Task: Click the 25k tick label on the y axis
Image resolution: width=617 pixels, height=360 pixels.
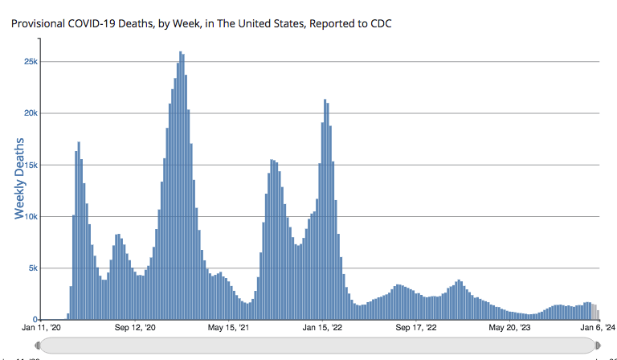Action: tap(29, 62)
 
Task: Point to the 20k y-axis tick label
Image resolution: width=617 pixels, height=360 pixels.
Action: tap(29, 113)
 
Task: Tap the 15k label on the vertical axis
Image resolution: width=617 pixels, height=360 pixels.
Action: tap(29, 165)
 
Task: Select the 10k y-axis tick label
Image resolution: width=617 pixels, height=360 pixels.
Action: tap(29, 216)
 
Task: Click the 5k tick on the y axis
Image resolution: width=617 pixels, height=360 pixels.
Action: tap(31, 268)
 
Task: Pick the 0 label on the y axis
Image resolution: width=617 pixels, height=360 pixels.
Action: tap(35, 319)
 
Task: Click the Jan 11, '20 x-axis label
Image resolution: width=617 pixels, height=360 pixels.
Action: tap(41, 327)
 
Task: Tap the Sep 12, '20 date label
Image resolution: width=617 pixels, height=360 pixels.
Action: tap(135, 327)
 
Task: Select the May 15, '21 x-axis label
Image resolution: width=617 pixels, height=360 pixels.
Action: tap(228, 327)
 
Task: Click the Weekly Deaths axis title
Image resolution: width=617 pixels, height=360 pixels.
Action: tap(19, 178)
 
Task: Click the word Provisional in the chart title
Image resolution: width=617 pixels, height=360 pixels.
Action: tap(38, 23)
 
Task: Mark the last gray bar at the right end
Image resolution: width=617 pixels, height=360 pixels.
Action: tap(598, 314)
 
